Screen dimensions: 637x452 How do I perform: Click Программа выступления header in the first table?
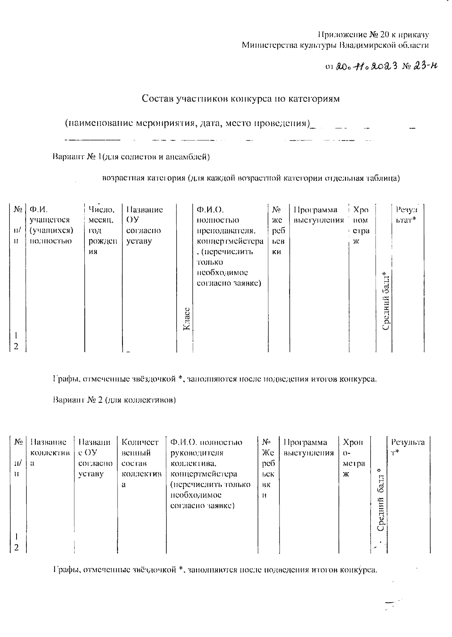click(x=319, y=215)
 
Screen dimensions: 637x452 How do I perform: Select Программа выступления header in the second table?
click(x=308, y=447)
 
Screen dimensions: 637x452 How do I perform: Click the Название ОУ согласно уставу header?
click(x=144, y=225)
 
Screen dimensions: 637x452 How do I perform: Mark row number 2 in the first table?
click(x=16, y=346)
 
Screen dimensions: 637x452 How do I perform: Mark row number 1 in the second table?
click(x=16, y=536)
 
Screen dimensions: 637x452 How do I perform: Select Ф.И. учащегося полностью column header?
click(x=52, y=225)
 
